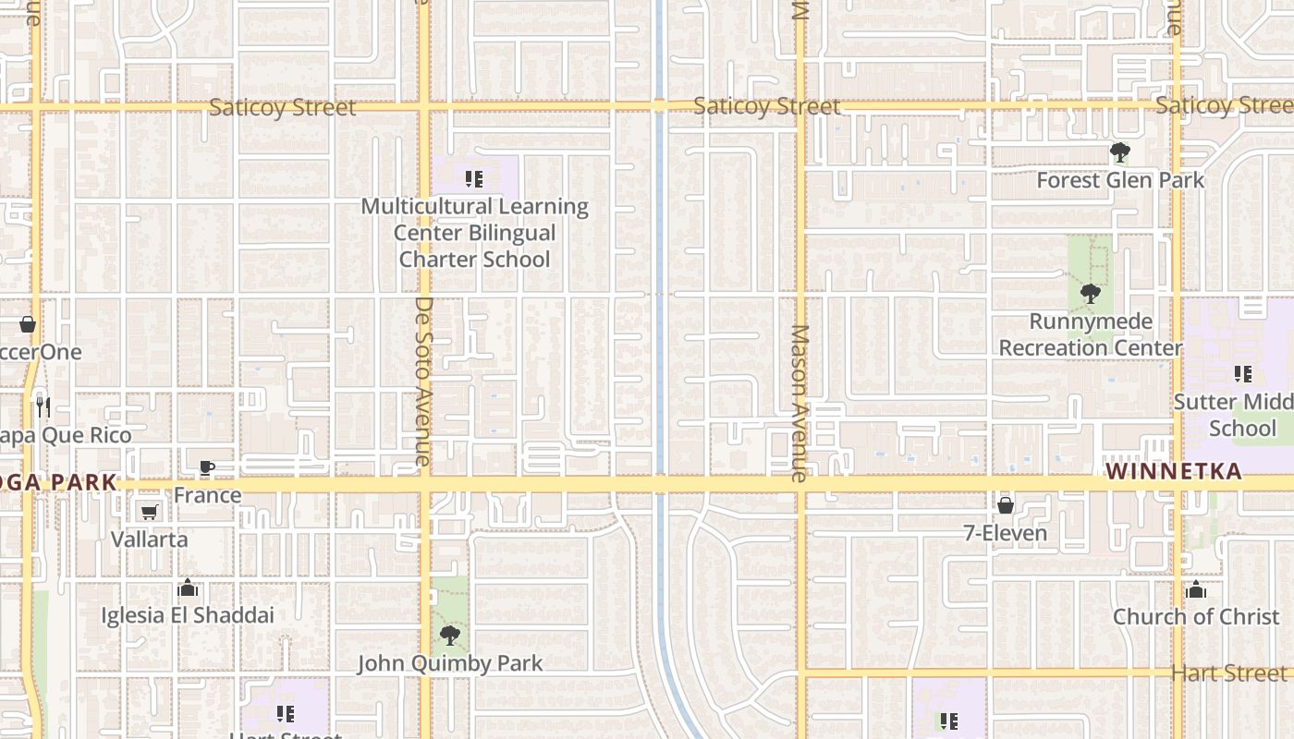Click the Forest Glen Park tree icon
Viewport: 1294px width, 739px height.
click(x=1120, y=152)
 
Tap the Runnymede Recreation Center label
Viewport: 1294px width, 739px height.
click(x=1091, y=334)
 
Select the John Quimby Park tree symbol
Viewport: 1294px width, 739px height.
click(x=450, y=636)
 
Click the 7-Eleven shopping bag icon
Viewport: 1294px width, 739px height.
click(x=1006, y=505)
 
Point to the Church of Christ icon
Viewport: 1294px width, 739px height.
click(x=1196, y=589)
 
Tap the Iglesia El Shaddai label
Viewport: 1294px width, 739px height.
click(x=188, y=614)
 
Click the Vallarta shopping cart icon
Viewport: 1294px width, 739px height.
click(x=149, y=512)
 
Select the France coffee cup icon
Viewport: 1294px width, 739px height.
click(x=207, y=468)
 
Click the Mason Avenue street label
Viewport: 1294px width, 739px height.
click(x=800, y=403)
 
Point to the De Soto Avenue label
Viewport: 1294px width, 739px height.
click(x=423, y=381)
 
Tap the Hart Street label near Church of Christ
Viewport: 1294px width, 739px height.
click(x=1228, y=672)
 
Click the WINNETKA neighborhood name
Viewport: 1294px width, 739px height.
click(x=1174, y=472)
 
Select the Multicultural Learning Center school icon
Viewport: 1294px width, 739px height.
click(x=474, y=179)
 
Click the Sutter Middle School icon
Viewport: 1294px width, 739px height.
click(x=1243, y=374)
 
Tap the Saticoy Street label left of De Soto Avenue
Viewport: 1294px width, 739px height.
click(x=282, y=107)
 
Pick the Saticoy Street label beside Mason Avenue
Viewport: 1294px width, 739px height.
click(x=766, y=106)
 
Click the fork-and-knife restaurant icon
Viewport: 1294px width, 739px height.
click(x=42, y=405)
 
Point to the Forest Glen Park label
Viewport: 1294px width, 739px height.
click(x=1120, y=180)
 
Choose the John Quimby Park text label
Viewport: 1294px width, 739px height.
click(x=450, y=663)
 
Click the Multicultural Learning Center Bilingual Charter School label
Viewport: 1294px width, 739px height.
click(x=474, y=233)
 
